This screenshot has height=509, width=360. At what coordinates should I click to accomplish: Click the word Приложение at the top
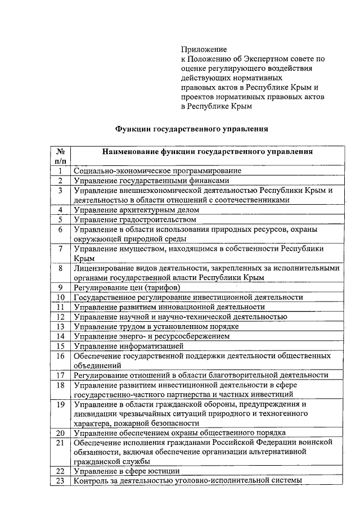click(203, 49)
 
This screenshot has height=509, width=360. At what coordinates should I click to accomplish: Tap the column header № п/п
click(60, 156)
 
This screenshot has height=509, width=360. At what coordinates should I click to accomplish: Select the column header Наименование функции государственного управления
click(208, 151)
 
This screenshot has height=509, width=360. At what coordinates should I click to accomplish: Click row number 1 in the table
click(60, 170)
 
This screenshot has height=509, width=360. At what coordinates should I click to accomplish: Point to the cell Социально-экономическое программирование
click(157, 170)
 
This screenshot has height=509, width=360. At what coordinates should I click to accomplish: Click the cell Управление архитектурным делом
click(137, 210)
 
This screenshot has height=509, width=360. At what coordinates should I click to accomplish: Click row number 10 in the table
click(60, 297)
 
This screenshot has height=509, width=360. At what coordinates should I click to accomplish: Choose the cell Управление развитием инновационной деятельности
click(169, 307)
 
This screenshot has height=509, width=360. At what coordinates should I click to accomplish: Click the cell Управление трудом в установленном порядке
click(157, 326)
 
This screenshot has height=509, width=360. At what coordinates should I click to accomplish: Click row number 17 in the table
click(60, 375)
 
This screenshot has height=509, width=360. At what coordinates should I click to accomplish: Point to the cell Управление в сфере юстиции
click(127, 471)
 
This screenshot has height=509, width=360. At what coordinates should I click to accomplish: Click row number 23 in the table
click(60, 481)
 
